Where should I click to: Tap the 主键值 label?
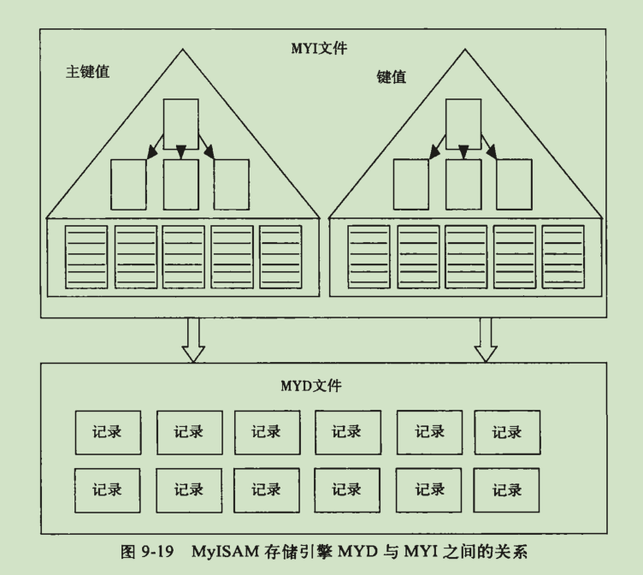[87, 72]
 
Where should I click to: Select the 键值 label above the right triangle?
[392, 76]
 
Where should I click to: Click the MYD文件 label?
[312, 385]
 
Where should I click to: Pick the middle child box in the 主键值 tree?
[180, 183]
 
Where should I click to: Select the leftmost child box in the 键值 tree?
[410, 183]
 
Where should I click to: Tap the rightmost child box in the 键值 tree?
[514, 183]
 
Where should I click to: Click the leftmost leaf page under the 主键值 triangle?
[86, 257]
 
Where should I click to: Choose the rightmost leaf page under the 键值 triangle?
[563, 257]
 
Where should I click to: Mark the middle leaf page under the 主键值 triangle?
[184, 257]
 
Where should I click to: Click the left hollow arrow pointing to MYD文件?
[193, 339]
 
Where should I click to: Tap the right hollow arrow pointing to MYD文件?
[487, 339]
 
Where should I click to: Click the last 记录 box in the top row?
[507, 432]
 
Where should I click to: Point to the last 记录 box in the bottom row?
[507, 490]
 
